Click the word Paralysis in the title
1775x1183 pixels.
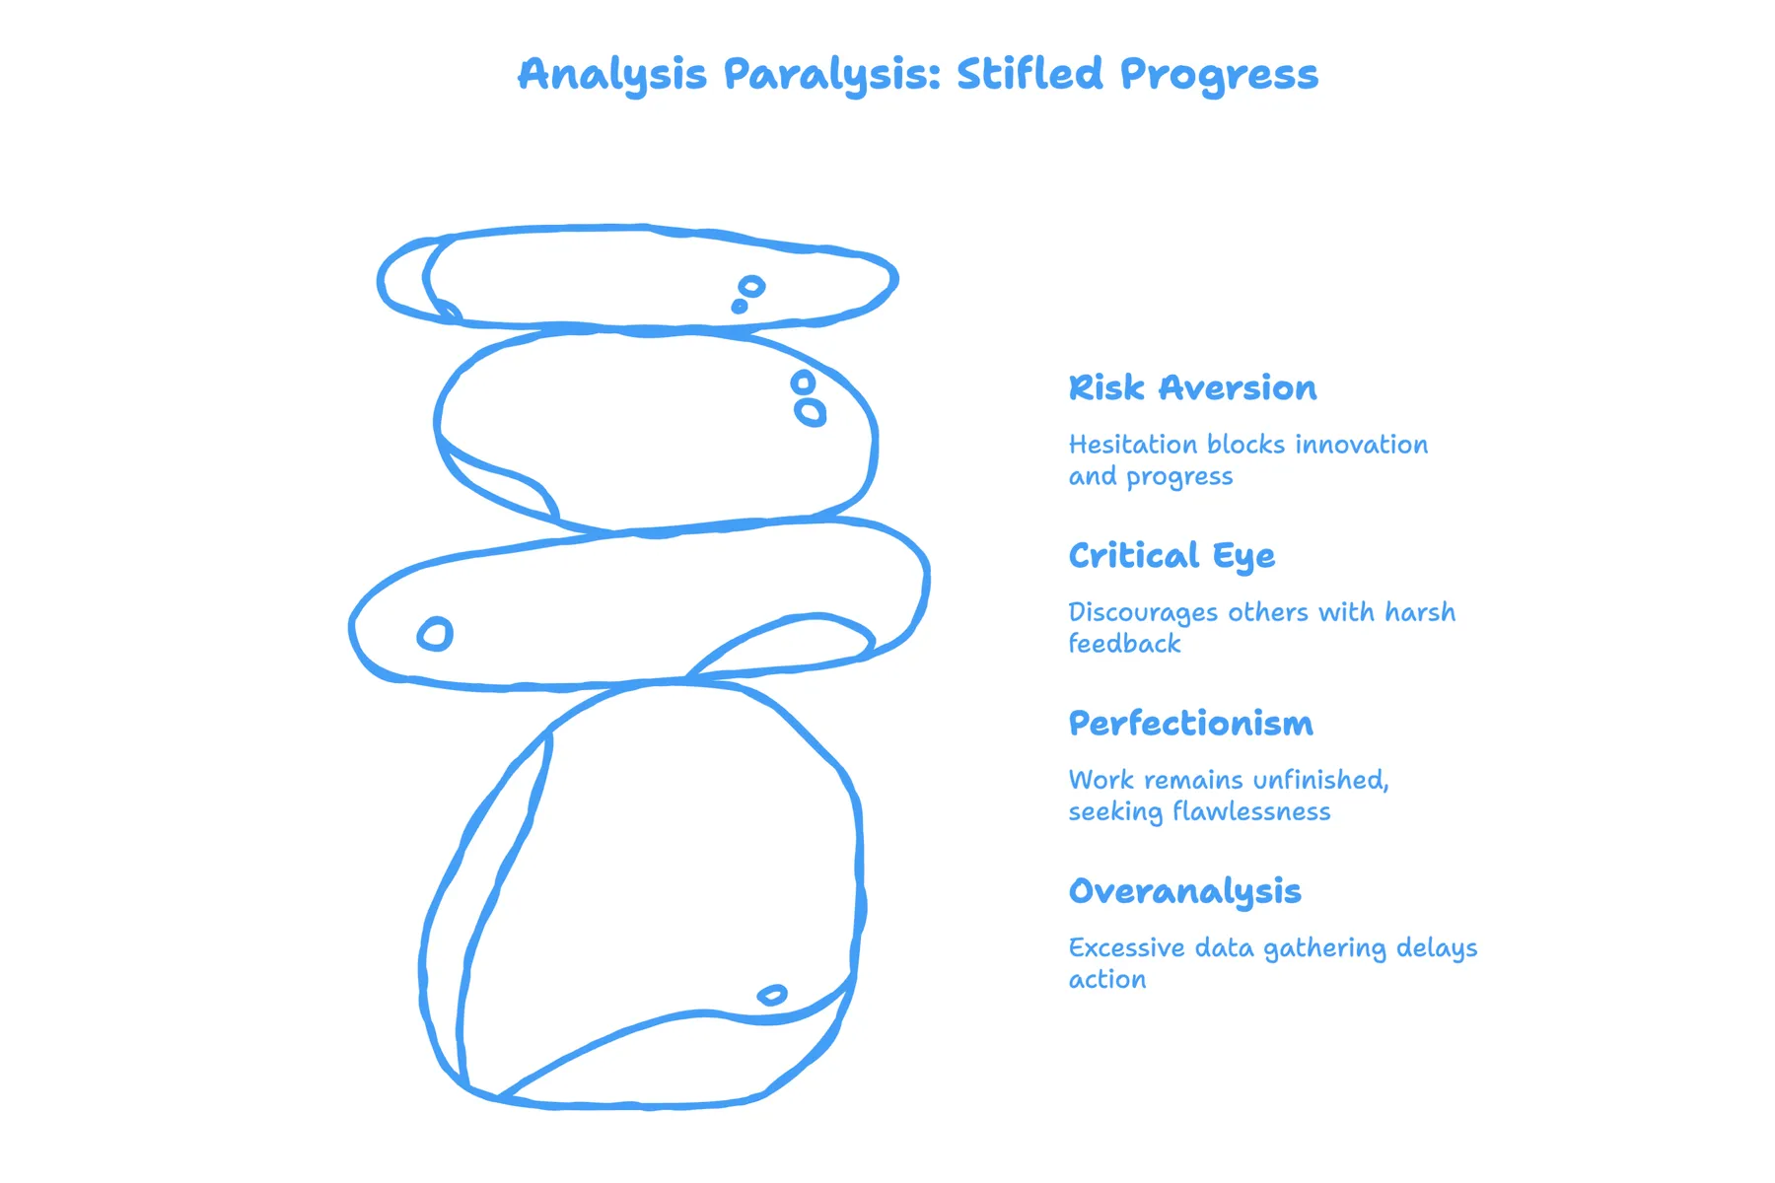click(x=832, y=75)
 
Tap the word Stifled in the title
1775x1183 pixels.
click(x=1029, y=73)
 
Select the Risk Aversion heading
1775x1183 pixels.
click(x=1192, y=387)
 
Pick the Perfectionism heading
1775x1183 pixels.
click(x=1190, y=723)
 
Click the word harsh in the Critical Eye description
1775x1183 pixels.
click(x=1420, y=612)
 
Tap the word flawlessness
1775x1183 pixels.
click(x=1251, y=811)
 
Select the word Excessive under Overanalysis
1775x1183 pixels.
click(x=1127, y=947)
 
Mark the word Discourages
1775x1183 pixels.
click(x=1143, y=613)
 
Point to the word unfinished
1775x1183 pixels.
click(x=1320, y=781)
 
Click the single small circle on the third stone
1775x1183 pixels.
click(x=435, y=634)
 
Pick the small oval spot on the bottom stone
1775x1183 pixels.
click(x=772, y=995)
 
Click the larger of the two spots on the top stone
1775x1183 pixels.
click(x=751, y=287)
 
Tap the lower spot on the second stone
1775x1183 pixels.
click(x=810, y=412)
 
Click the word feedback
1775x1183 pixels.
click(x=1124, y=644)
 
